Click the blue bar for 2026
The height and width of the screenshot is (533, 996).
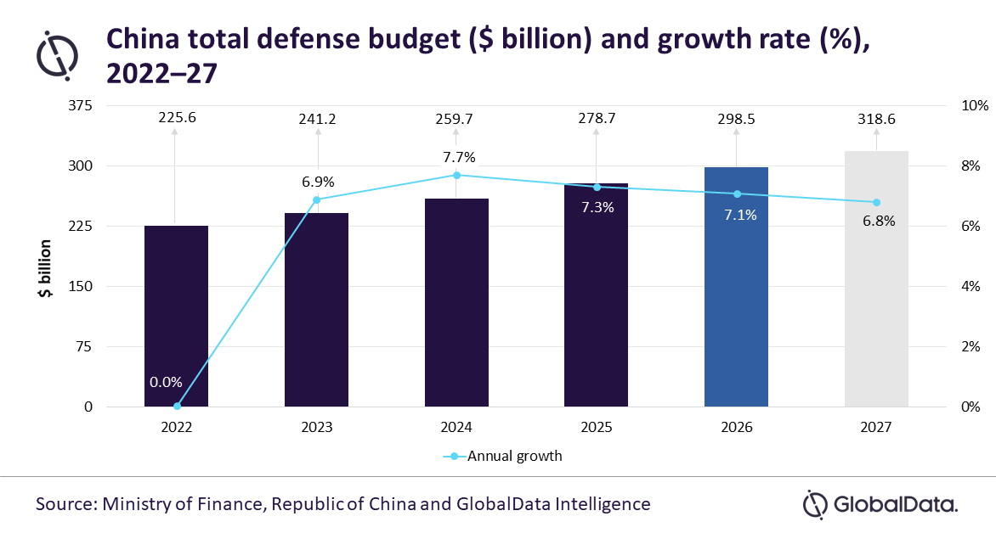(736, 287)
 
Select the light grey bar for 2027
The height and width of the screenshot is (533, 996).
(876, 278)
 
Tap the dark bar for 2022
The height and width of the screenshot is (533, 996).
(176, 316)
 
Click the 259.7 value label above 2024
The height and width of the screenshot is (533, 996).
(454, 120)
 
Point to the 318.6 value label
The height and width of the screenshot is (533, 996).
(876, 120)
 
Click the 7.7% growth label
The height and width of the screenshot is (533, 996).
(460, 157)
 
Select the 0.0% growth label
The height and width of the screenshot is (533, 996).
(166, 382)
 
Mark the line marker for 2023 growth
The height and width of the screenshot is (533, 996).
(317, 199)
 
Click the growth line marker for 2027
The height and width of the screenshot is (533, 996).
(876, 202)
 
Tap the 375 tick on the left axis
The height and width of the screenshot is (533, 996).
(80, 105)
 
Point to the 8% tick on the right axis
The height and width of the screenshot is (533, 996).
(971, 166)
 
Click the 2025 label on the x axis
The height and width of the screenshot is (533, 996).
(597, 428)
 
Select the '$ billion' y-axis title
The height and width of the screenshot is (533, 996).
(45, 268)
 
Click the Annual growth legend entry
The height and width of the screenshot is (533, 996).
(502, 457)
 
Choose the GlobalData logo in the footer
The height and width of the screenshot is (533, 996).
(880, 505)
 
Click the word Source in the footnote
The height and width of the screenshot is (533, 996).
(65, 504)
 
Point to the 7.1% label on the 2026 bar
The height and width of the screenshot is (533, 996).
(741, 215)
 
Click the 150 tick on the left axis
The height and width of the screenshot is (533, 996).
(80, 286)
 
